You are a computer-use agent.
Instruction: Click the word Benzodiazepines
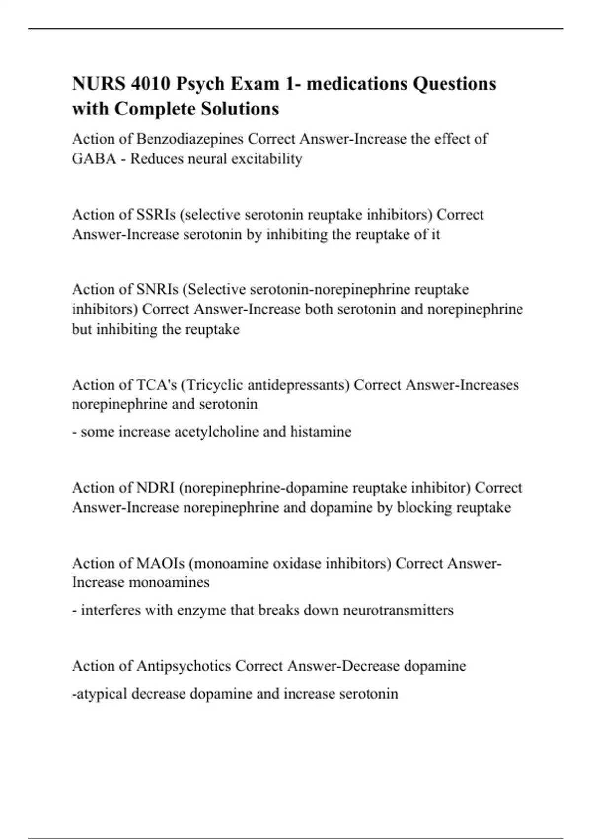point(190,139)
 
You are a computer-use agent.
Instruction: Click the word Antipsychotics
point(184,666)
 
